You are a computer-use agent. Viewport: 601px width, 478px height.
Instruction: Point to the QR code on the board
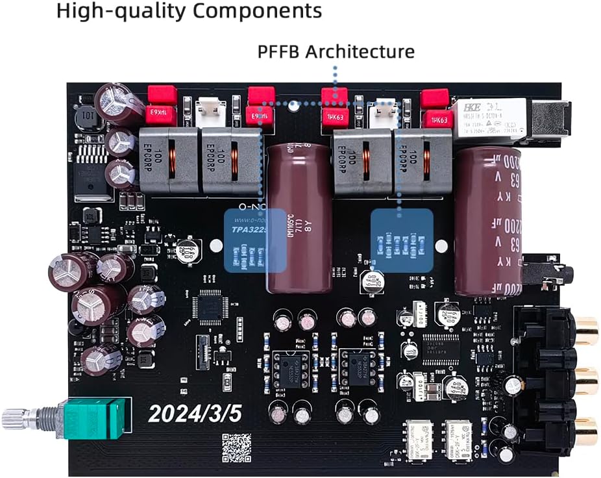(236, 447)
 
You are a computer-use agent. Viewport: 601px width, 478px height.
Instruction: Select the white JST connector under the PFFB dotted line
(381, 117)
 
